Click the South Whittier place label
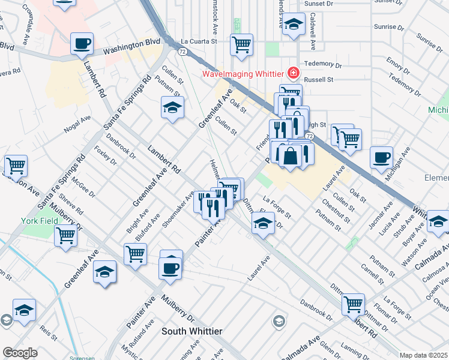192,331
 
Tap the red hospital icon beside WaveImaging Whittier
293,74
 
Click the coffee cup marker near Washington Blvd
82,43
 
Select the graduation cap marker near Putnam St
172,107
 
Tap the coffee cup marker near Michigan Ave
381,158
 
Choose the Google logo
20,353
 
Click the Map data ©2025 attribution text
424,355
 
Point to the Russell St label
321,79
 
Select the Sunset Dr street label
318,4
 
